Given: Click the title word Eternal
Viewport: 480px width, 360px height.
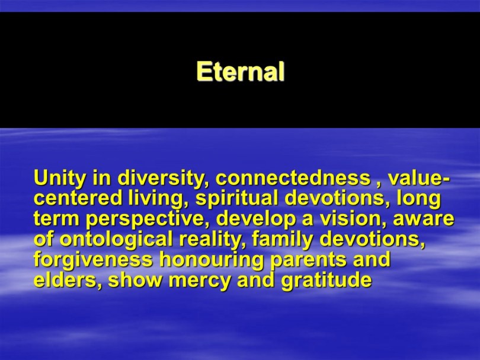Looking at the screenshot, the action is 241,71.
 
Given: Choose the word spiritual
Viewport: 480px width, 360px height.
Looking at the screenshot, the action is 237,199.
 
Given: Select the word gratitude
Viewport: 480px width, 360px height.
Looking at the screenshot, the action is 327,281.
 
